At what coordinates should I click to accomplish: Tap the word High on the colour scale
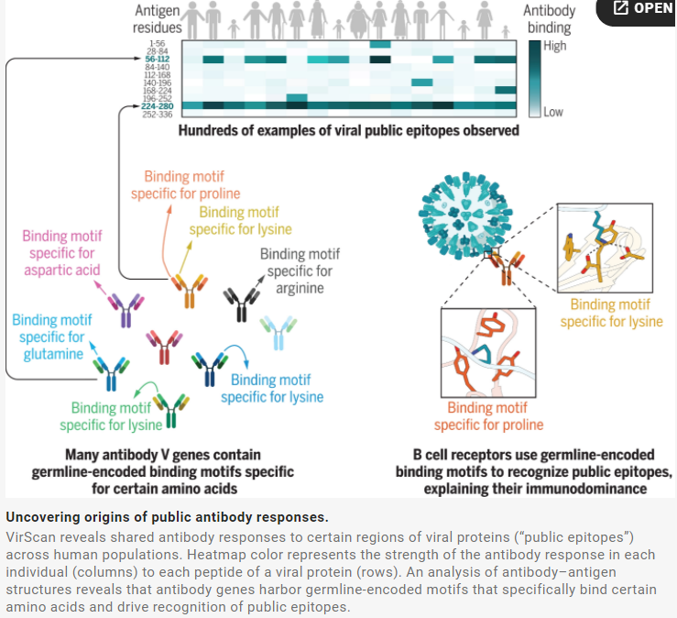[x=554, y=45]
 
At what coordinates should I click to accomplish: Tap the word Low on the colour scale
[x=553, y=112]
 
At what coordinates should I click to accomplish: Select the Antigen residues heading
[x=157, y=19]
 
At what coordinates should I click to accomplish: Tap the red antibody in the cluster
[x=166, y=348]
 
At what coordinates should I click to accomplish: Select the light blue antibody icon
[x=278, y=331]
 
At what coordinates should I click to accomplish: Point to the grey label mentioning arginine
[x=296, y=272]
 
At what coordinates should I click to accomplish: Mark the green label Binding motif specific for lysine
[x=111, y=416]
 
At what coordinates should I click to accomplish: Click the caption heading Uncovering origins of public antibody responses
[x=166, y=517]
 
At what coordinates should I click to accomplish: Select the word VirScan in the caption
[x=30, y=535]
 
